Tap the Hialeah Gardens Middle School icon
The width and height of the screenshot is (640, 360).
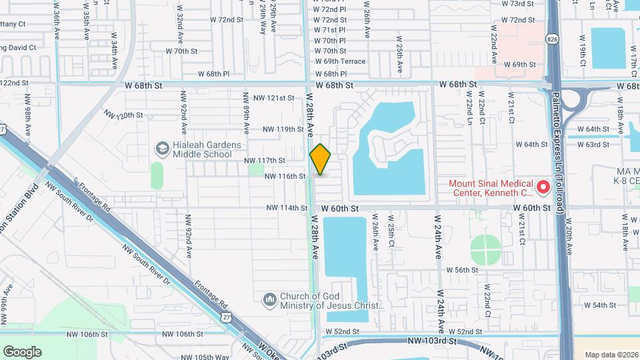tap(161, 147)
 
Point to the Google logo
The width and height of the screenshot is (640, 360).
tap(22, 351)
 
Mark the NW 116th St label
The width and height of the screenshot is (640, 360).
tap(285, 177)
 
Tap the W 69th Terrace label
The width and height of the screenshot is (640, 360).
tap(339, 61)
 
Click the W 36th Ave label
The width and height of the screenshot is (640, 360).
tap(57, 13)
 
